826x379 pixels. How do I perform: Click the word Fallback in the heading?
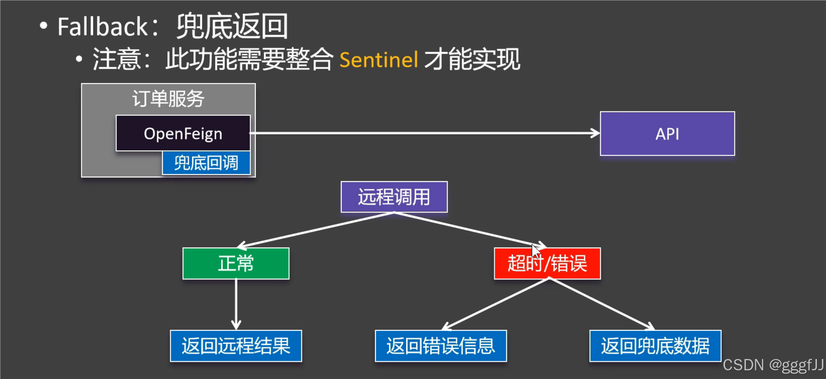point(102,27)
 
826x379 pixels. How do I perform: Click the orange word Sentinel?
point(379,60)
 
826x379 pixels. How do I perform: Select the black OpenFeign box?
point(183,133)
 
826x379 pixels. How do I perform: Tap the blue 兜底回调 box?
point(206,163)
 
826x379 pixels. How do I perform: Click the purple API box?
point(667,134)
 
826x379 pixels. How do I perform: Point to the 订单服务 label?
point(168,99)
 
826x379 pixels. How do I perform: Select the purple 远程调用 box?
point(394,197)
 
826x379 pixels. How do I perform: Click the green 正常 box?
point(236,263)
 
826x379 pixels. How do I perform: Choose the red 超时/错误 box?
point(547,263)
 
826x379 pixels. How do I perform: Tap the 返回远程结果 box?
point(236,346)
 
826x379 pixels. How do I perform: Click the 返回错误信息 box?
point(441,346)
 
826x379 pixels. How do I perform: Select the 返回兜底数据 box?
point(655,346)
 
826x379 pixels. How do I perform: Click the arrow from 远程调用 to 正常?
point(316,229)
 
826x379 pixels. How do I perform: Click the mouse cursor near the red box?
point(535,250)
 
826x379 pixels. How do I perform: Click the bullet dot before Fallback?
point(44,26)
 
